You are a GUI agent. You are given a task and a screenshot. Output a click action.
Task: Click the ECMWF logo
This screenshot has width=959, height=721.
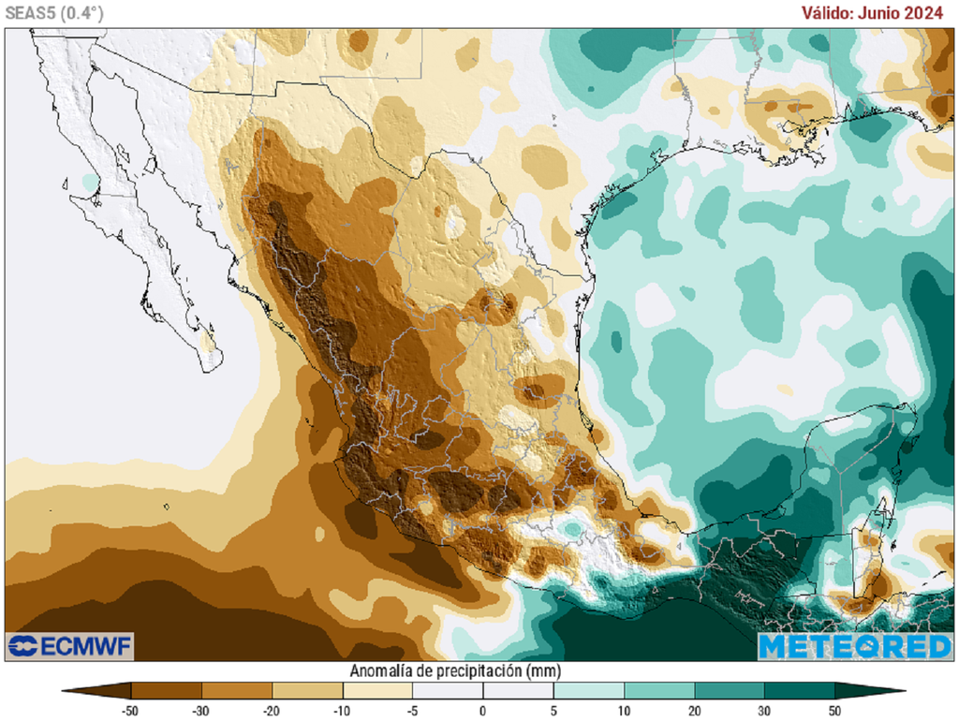(70, 646)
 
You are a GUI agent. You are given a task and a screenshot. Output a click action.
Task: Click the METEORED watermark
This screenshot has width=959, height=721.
(854, 646)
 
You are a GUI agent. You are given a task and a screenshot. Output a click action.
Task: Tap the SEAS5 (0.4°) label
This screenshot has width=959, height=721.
(54, 13)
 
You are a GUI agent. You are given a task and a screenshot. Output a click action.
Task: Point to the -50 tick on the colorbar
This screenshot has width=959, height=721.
(130, 710)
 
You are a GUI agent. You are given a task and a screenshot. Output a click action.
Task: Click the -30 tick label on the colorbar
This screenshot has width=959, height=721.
(200, 710)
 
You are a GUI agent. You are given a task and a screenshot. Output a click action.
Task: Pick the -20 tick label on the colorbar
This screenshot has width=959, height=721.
(272, 710)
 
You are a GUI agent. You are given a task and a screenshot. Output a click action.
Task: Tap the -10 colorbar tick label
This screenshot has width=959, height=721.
(342, 710)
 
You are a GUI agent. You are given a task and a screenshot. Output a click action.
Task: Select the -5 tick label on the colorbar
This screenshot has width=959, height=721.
(412, 710)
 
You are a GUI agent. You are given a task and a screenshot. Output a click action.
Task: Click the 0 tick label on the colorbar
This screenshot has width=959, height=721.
(483, 710)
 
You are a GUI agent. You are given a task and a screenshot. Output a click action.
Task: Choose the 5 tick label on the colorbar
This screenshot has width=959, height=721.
(553, 710)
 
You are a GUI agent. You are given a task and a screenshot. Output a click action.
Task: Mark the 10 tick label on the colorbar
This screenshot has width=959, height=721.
(624, 710)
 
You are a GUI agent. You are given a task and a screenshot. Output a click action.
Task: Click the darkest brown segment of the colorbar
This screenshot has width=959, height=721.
(103, 691)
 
